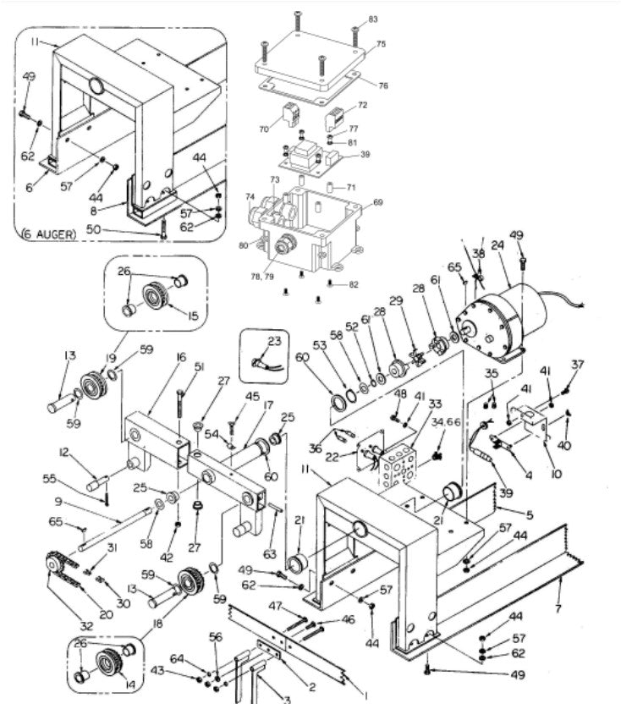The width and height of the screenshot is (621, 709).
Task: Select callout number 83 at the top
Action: pos(374,19)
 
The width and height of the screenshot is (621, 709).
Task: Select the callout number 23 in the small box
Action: pos(272,342)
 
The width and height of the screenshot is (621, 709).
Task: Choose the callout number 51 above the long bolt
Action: pos(200,366)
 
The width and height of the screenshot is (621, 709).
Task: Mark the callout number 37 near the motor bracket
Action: pos(579,365)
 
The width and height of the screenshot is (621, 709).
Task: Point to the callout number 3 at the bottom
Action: pos(287,699)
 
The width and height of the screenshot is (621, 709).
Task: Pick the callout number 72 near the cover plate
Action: pos(362,106)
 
